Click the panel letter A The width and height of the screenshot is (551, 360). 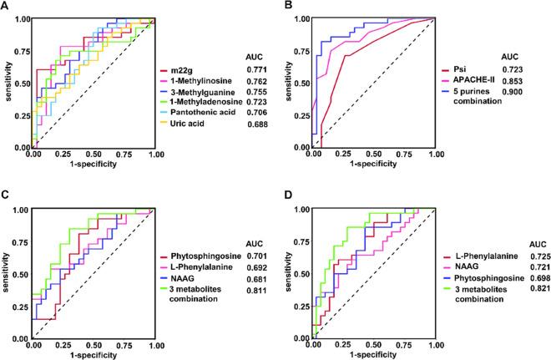[x=6, y=8]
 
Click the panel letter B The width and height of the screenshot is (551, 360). [x=286, y=8]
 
